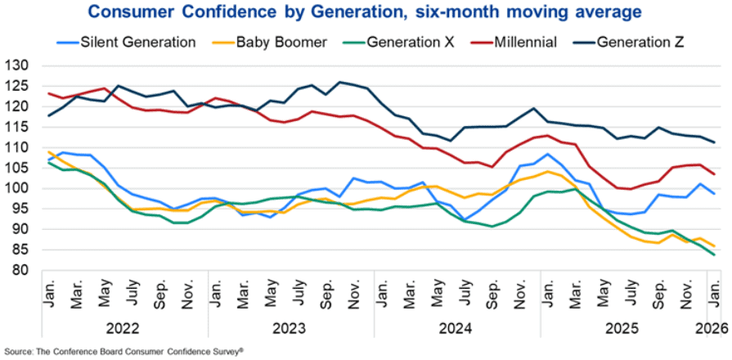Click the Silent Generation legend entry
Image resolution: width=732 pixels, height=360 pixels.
[x=126, y=42]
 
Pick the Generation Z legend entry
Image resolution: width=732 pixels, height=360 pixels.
[x=627, y=42]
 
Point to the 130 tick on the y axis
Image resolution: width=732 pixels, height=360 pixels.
[x=18, y=65]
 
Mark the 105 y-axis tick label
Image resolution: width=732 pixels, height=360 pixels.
[x=18, y=168]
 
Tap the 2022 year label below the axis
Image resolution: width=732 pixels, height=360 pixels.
[x=123, y=329]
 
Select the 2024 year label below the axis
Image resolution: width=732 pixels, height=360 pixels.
[x=455, y=329]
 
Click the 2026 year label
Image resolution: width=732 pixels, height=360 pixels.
[x=713, y=329]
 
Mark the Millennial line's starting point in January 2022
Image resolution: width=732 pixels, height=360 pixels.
[x=48, y=93]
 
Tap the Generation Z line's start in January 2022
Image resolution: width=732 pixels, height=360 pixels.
[x=48, y=116]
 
